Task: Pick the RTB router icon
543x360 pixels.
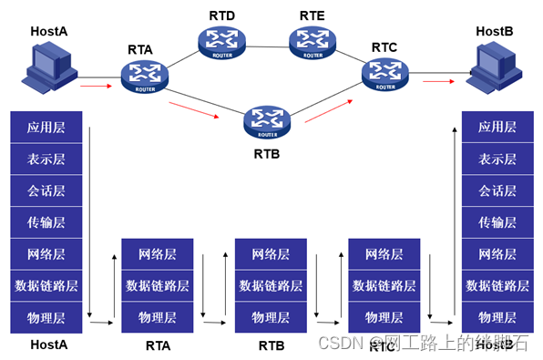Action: tap(266, 119)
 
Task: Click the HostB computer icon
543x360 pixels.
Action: tap(494, 67)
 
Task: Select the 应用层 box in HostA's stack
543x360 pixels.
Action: tap(46, 127)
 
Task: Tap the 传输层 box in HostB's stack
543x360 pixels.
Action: tap(497, 221)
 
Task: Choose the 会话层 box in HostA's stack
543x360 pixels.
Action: tap(46, 190)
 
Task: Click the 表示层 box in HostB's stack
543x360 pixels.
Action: tap(497, 159)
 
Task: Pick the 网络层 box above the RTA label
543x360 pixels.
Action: tap(158, 254)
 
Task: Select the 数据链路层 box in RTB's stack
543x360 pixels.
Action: tap(271, 285)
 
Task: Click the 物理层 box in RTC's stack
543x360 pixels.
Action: tap(384, 317)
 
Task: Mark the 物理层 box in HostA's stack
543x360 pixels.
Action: tap(46, 317)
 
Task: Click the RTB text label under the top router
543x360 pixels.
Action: tap(267, 153)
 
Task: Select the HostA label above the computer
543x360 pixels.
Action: tap(49, 31)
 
